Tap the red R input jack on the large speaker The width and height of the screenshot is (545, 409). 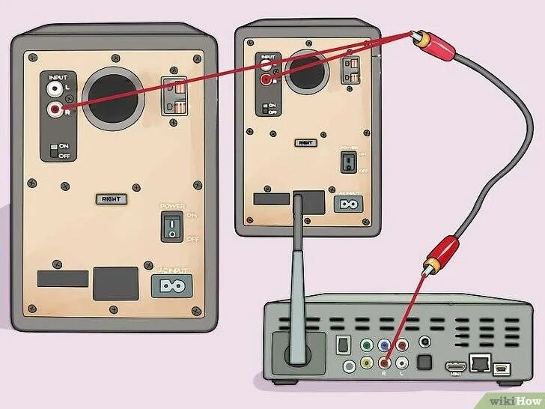[53, 110]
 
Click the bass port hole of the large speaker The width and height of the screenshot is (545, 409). [113, 98]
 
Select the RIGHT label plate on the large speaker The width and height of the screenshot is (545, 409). [110, 199]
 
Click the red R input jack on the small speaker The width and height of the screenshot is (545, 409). [266, 79]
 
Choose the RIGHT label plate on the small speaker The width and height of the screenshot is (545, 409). [305, 141]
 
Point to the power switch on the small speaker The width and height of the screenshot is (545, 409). [346, 161]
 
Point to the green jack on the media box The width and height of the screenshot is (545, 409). [366, 346]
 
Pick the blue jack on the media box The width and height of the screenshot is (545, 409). [384, 346]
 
